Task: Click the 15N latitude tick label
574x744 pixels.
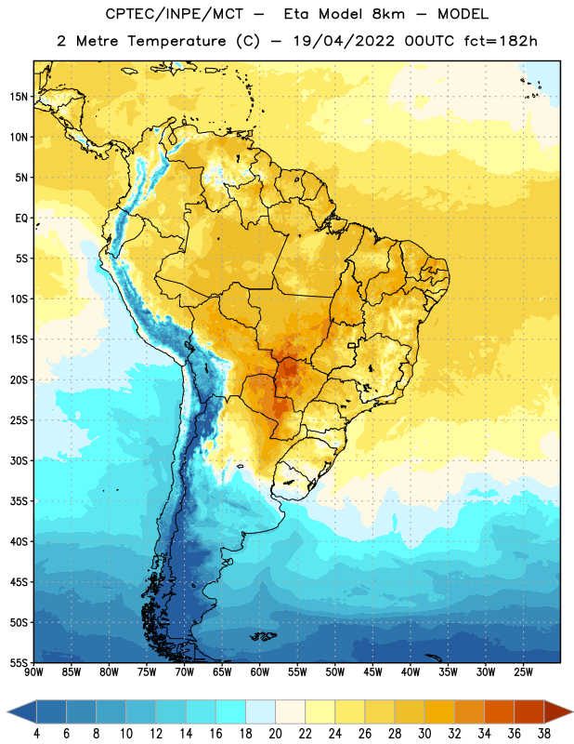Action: (19, 97)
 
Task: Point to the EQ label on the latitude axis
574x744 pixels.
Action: (21, 219)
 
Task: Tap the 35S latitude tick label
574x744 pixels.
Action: (19, 501)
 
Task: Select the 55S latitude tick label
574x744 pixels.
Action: (19, 662)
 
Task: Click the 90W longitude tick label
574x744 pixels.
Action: (33, 672)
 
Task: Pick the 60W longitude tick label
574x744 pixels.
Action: (260, 672)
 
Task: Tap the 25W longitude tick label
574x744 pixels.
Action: (523, 672)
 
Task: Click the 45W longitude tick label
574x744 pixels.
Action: (372, 672)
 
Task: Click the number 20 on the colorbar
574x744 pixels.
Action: (275, 734)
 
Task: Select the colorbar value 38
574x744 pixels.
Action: (544, 734)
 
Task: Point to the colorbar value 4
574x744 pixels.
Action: (36, 734)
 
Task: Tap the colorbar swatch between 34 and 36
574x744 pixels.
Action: (499, 711)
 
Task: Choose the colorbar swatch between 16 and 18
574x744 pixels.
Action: (230, 711)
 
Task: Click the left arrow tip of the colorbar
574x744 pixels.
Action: (7, 711)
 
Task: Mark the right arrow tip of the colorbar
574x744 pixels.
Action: (573, 711)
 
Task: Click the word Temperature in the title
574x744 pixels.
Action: (176, 41)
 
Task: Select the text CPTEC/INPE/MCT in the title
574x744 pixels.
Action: (175, 14)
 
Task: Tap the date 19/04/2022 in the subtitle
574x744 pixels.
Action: (344, 41)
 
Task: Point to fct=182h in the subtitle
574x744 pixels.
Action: (501, 41)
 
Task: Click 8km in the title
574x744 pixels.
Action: (388, 14)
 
